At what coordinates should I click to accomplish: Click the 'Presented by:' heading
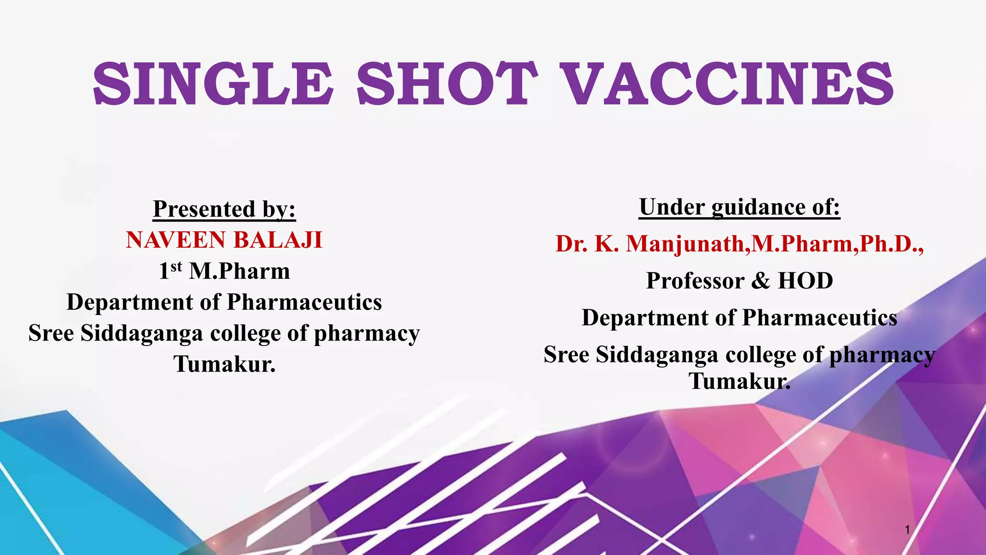224,209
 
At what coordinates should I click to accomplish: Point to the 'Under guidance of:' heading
739,207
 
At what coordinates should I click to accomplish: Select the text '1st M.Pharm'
224,271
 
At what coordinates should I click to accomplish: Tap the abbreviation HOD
805,281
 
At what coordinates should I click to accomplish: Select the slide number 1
907,530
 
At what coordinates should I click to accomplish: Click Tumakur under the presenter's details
224,364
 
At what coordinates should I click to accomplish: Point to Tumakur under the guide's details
739,381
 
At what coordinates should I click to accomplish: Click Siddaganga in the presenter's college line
142,333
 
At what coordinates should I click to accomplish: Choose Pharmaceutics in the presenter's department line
304,302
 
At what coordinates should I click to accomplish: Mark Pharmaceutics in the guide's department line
819,318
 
